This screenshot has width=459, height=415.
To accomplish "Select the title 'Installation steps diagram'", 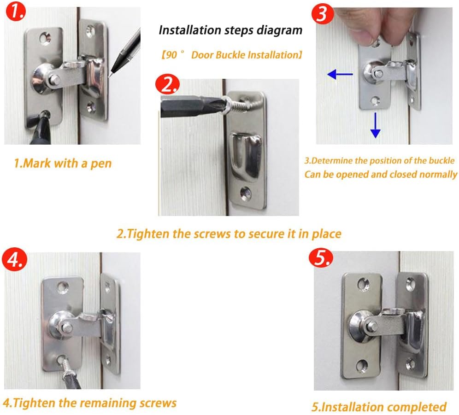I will tap(230, 30).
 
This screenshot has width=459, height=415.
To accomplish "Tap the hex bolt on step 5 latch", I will tap(372, 327).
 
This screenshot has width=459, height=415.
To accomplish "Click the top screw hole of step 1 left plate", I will tap(45, 37).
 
